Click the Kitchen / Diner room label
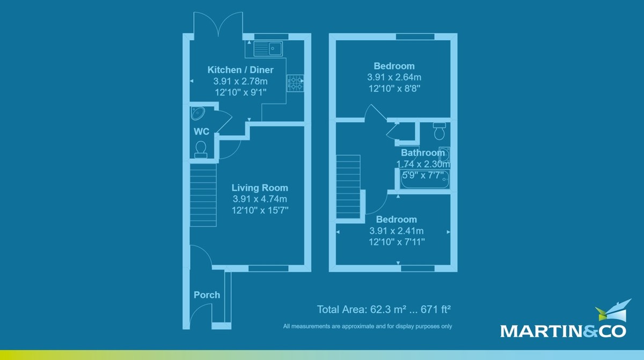click(240, 70)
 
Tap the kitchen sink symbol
click(268, 49)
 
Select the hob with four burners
click(296, 83)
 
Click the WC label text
click(201, 131)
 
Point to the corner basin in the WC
click(196, 114)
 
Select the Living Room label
click(260, 188)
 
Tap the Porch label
click(207, 295)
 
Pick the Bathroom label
click(423, 153)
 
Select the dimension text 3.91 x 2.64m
click(394, 77)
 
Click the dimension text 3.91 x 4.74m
click(260, 199)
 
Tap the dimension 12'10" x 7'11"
click(396, 242)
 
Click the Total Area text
click(383, 310)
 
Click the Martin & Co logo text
click(563, 330)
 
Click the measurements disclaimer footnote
click(368, 326)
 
